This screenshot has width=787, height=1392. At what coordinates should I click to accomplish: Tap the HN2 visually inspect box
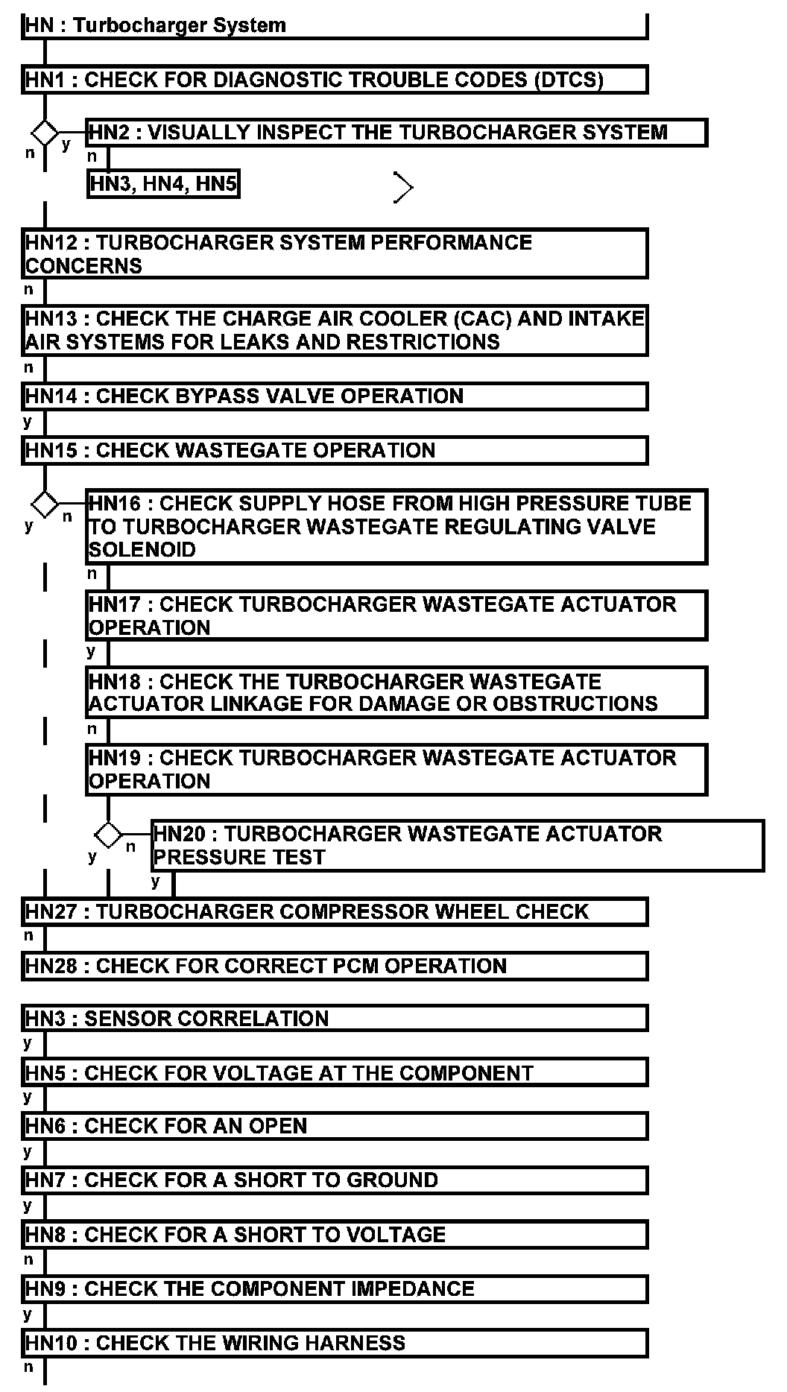396,133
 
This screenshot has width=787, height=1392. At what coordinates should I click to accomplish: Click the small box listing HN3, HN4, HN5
163,183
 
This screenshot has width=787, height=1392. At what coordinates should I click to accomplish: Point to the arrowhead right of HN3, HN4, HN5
402,188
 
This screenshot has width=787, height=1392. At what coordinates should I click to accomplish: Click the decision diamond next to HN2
45,133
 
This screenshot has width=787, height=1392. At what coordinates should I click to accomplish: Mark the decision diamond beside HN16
45,504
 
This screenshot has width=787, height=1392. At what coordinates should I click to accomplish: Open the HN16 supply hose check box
396,526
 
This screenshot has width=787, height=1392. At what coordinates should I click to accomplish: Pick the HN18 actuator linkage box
396,692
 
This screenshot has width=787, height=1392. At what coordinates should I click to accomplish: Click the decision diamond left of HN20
109,835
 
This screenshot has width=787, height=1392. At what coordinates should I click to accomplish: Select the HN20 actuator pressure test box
458,846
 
